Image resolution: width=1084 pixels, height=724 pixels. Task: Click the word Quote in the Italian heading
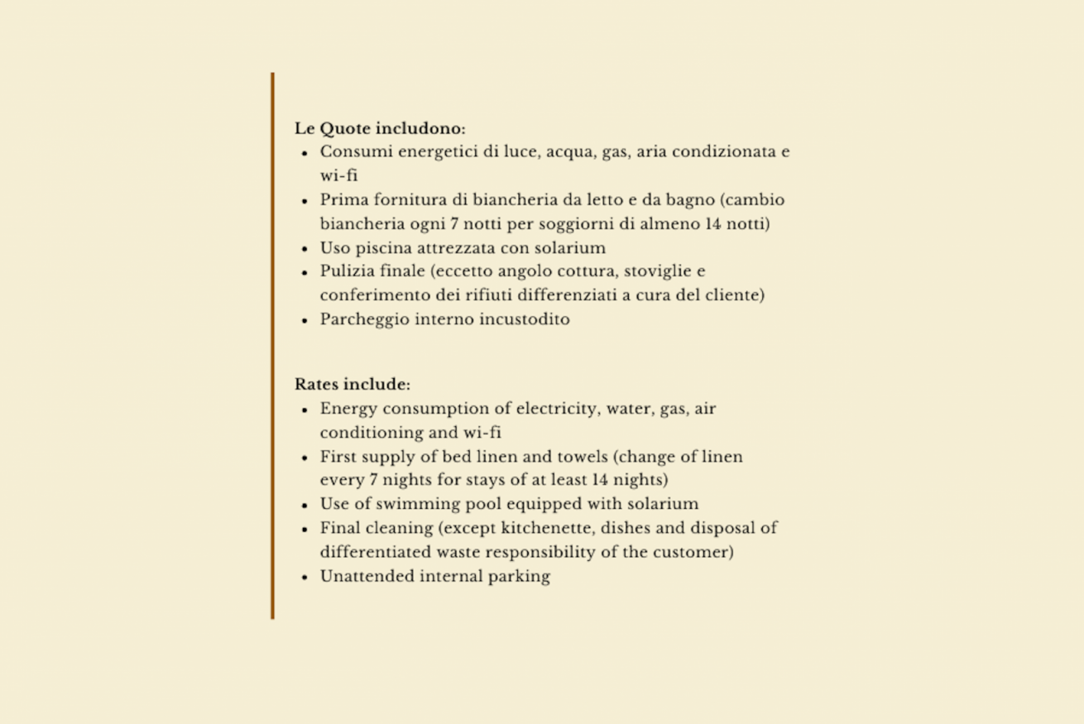[x=345, y=129]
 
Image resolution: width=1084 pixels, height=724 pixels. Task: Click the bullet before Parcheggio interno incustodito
[x=305, y=320]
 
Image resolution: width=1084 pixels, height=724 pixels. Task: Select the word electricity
[x=559, y=409]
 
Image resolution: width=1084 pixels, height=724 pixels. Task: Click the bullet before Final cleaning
[x=305, y=529]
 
